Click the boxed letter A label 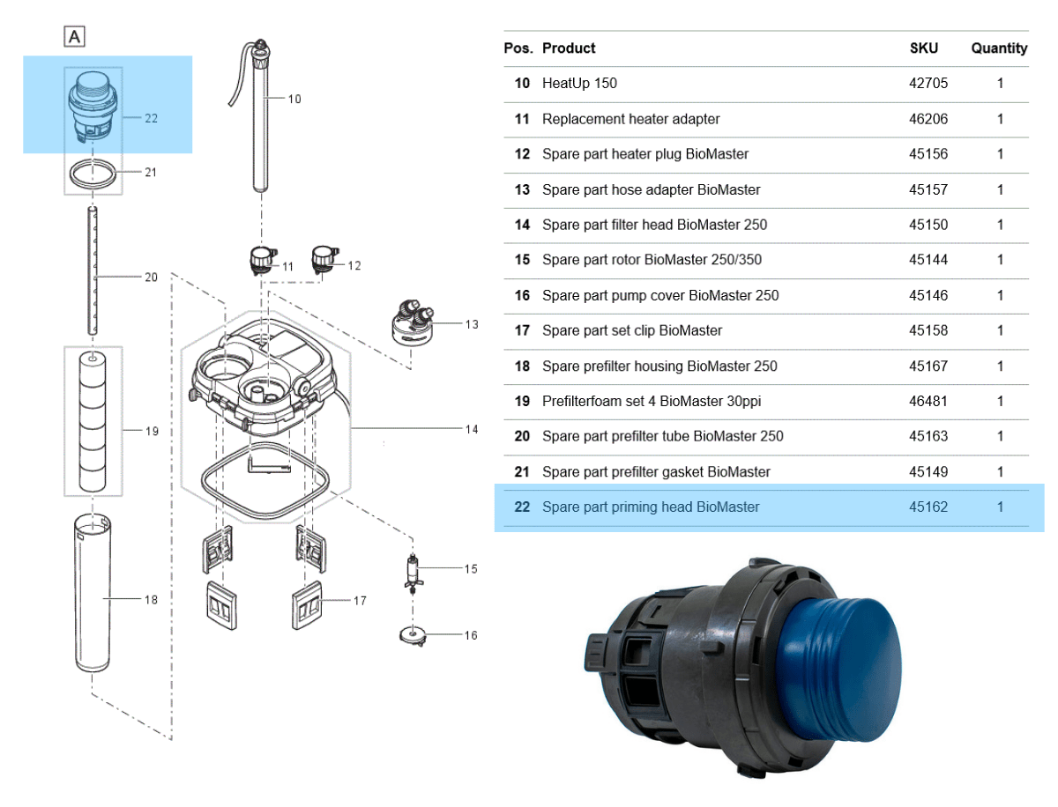[75, 36]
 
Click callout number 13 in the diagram [472, 324]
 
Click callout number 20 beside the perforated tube [151, 277]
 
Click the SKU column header [923, 48]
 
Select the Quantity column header [999, 48]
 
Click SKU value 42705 [928, 83]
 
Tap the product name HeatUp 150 [579, 83]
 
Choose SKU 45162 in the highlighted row [928, 507]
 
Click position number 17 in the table [522, 330]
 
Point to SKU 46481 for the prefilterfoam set [928, 401]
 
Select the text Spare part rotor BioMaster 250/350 [652, 260]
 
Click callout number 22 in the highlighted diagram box [151, 118]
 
